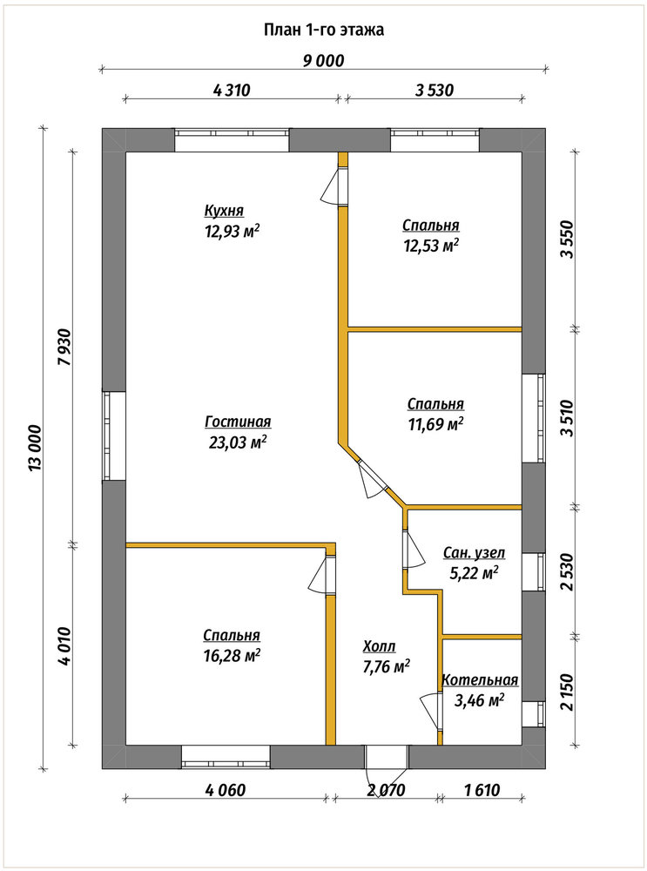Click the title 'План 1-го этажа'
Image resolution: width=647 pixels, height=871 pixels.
[324, 30]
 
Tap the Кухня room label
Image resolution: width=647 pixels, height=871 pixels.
[224, 211]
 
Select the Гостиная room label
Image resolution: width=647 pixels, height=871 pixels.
[238, 422]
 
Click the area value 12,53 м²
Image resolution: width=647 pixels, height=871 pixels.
[431, 246]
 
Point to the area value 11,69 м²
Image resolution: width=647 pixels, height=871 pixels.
[436, 425]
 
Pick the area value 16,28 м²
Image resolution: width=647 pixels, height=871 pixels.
[233, 656]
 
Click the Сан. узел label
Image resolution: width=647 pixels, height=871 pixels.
[474, 553]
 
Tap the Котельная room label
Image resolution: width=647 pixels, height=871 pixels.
[480, 680]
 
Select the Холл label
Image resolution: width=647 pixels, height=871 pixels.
[380, 646]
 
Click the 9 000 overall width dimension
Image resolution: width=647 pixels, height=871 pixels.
[323, 61]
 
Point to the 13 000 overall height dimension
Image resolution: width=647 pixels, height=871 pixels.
[36, 449]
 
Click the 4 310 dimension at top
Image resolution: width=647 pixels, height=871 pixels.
[233, 90]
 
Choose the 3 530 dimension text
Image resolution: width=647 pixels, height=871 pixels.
[435, 90]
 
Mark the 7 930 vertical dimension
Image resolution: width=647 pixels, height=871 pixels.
[64, 347]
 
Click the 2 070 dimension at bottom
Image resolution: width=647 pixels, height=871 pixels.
[387, 789]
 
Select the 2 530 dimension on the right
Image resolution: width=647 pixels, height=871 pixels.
[567, 573]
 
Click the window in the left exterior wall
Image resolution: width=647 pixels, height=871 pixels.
[114, 436]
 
